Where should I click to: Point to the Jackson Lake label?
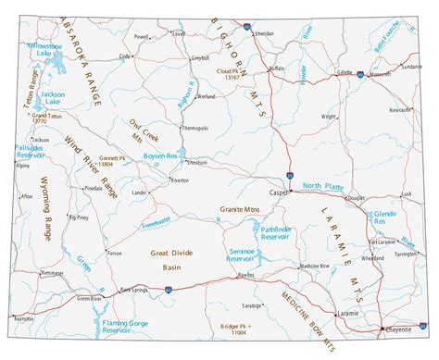pyautogui.click(x=52, y=96)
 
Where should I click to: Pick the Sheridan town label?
pyautogui.click(x=265, y=32)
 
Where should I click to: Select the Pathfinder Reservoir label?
pyautogui.click(x=277, y=232)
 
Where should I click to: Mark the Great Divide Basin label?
pyautogui.click(x=171, y=258)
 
